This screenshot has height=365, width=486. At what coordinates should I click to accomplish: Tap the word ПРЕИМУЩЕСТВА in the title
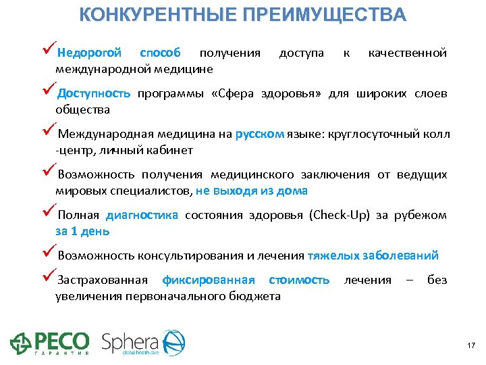324,15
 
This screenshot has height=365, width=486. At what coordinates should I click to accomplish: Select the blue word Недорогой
89,53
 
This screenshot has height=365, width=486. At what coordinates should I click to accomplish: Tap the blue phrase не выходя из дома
252,191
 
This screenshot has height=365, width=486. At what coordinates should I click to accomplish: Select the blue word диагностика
142,215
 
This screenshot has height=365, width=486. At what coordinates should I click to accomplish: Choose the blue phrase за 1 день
82,231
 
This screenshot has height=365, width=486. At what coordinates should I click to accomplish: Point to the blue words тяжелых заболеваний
373,255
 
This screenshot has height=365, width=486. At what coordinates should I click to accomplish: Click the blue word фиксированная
209,280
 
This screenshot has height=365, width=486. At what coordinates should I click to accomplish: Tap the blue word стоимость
299,280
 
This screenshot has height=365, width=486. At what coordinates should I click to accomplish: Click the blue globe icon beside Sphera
172,343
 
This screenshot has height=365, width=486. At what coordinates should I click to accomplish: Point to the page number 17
471,346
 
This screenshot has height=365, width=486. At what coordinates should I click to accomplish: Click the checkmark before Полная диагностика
49,214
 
